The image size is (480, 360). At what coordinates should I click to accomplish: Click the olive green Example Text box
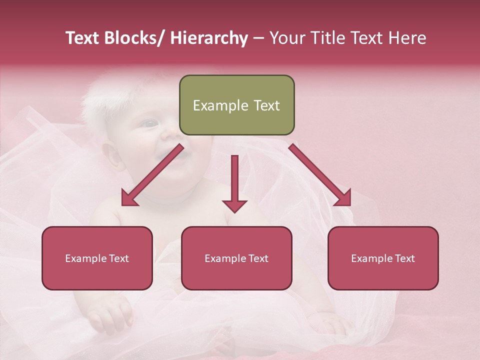click(236, 105)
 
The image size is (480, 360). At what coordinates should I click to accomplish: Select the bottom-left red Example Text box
click(97, 258)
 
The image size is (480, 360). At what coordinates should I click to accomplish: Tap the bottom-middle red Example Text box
click(236, 258)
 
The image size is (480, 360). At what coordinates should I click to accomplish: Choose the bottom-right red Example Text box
click(383, 258)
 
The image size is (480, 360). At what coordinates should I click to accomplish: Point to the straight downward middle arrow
click(234, 185)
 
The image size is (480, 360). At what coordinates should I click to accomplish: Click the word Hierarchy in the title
click(208, 38)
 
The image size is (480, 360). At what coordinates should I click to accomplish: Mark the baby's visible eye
click(149, 123)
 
